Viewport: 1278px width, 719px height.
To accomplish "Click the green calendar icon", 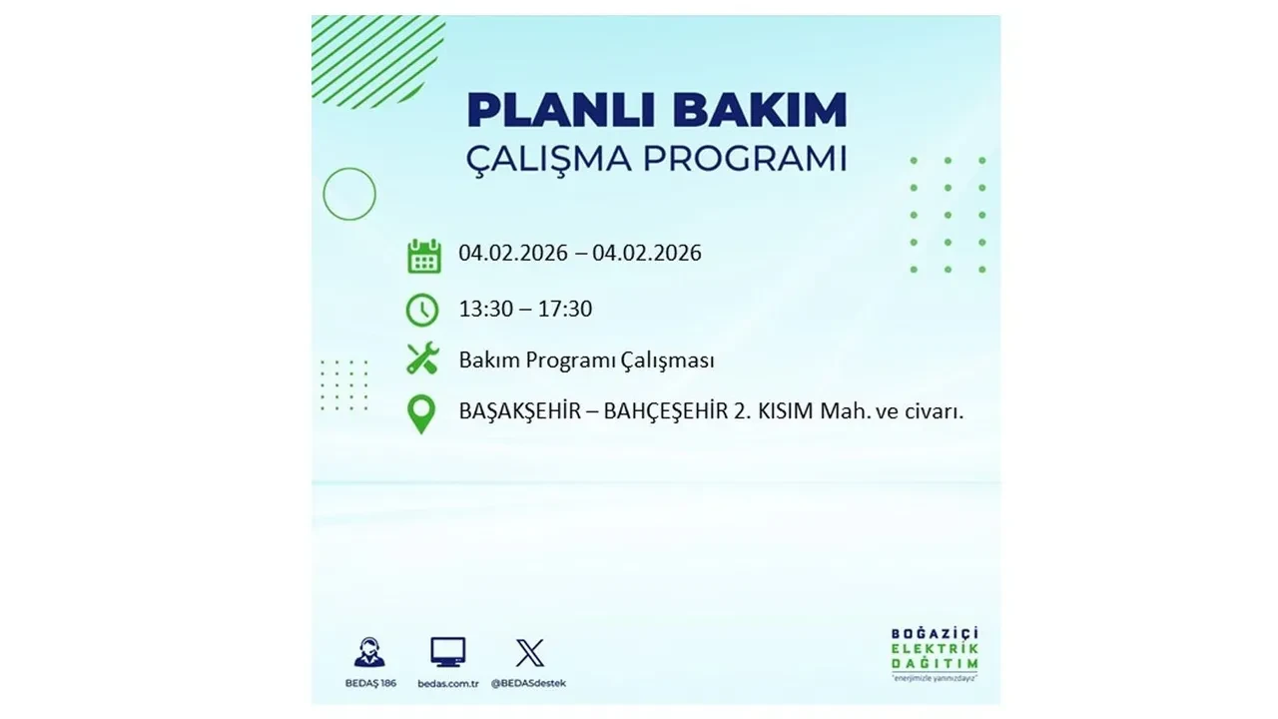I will [x=423, y=256].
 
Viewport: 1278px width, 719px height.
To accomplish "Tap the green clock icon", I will [x=422, y=310].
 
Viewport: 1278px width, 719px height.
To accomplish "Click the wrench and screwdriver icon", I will [x=422, y=359].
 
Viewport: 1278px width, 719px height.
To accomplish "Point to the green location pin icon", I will [x=422, y=414].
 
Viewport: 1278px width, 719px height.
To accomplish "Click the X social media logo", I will [x=529, y=653].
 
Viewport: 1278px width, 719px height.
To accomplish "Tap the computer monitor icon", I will [x=448, y=652].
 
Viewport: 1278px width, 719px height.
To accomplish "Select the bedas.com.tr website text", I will [x=448, y=683].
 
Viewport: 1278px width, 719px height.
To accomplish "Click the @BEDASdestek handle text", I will [x=529, y=683].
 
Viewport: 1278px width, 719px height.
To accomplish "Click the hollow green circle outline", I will [x=349, y=194].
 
